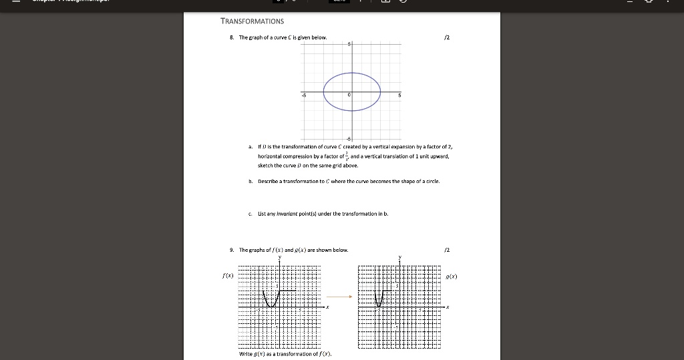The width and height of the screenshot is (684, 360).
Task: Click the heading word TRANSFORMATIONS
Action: click(252, 21)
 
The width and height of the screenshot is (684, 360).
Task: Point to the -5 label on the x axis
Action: click(303, 95)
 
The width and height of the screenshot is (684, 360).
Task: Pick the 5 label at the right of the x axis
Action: click(399, 95)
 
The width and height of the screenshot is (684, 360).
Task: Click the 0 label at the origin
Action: click(349, 95)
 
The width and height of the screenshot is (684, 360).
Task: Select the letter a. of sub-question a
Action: click(249, 146)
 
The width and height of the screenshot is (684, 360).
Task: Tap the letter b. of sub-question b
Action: click(249, 181)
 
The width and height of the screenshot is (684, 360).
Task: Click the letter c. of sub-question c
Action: click(249, 214)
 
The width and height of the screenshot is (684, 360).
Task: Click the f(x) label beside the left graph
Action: click(227, 275)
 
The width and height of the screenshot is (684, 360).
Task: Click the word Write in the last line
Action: click(245, 353)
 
